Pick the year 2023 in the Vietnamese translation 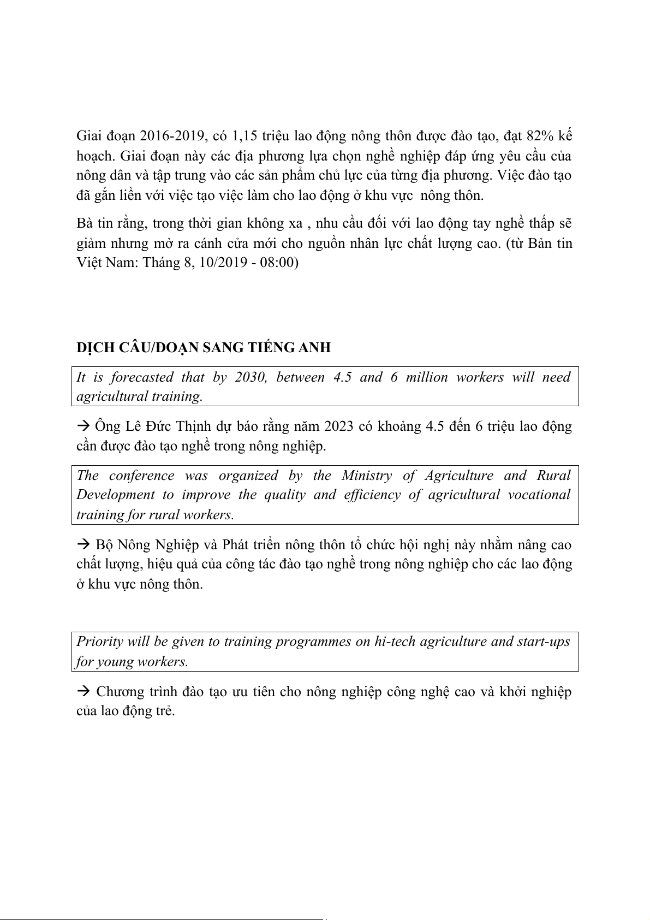(341, 426)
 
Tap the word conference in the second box (141, 476)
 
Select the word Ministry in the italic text (367, 476)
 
